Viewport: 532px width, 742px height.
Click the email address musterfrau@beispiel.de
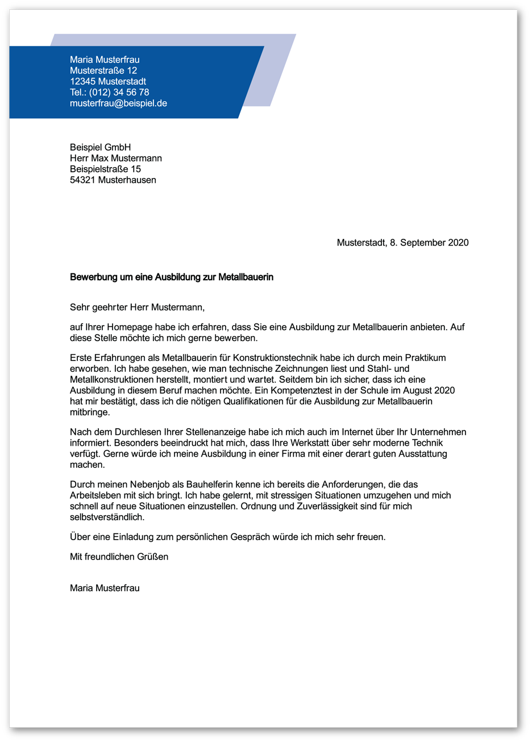click(x=118, y=103)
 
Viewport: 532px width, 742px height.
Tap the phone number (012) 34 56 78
click(x=119, y=92)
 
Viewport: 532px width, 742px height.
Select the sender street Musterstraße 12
click(x=103, y=71)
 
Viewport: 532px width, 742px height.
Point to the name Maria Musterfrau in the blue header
click(x=105, y=60)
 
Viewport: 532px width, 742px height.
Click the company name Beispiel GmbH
click(x=101, y=147)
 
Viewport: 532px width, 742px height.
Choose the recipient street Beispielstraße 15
click(x=105, y=169)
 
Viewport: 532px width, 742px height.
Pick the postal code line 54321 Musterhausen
click(x=113, y=180)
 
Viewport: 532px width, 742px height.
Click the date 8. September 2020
click(x=429, y=243)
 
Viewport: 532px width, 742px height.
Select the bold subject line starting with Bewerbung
click(x=172, y=277)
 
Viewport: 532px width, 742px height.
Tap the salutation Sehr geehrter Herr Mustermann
click(x=137, y=308)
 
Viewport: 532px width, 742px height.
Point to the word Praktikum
click(x=425, y=358)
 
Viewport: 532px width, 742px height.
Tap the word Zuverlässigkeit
click(x=316, y=506)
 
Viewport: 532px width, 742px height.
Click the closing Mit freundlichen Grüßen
click(x=119, y=557)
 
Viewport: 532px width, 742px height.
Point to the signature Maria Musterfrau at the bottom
click(x=105, y=588)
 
